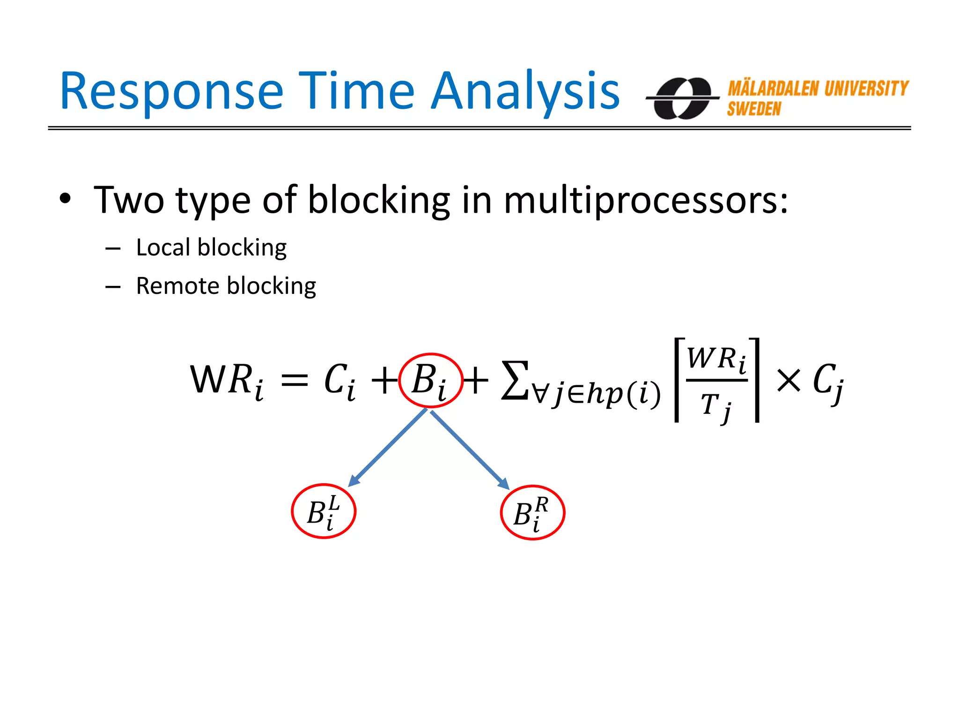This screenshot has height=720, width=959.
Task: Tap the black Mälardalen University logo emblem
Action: pyautogui.click(x=682, y=98)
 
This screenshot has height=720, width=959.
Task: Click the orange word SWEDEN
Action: pyautogui.click(x=754, y=109)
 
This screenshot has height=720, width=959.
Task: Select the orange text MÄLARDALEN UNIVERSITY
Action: pyautogui.click(x=818, y=89)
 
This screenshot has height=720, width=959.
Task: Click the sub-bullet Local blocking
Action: pyautogui.click(x=211, y=247)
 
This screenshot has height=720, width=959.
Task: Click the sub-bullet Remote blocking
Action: pyautogui.click(x=226, y=286)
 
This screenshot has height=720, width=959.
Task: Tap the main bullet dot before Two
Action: pyautogui.click(x=65, y=199)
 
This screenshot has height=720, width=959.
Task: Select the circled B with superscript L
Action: pyautogui.click(x=324, y=511)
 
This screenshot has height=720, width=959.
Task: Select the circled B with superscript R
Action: pyautogui.click(x=532, y=513)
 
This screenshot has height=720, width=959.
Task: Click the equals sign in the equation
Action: pyautogui.click(x=294, y=380)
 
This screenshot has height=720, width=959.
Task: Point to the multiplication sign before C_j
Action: pyautogui.click(x=789, y=380)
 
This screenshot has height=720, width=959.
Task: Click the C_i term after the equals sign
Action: pyautogui.click(x=339, y=380)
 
